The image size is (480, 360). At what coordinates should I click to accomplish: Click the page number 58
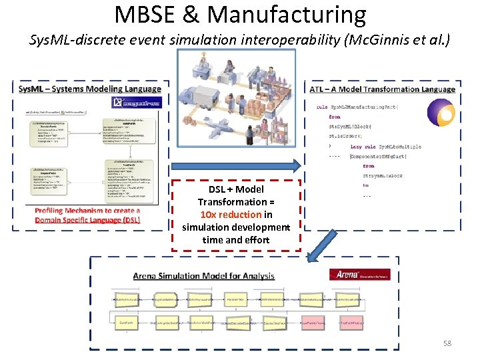(x=448, y=343)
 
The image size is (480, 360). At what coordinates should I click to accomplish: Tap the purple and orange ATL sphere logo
(x=440, y=113)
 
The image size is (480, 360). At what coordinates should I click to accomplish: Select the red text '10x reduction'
(x=231, y=215)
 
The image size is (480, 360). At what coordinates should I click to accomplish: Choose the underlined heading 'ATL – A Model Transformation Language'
(x=383, y=89)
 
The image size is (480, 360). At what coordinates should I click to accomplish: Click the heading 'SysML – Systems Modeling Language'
(x=90, y=89)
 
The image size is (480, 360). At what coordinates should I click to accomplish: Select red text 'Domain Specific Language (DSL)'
(x=87, y=220)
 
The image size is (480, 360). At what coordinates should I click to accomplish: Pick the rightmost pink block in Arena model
(x=351, y=323)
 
